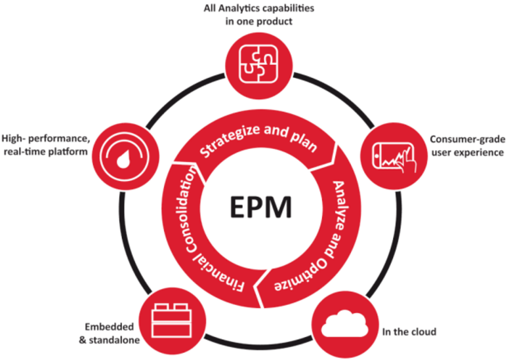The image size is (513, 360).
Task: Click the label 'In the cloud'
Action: [409, 331]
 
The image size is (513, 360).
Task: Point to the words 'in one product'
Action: [256, 21]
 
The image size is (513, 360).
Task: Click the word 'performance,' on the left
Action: [67, 139]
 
